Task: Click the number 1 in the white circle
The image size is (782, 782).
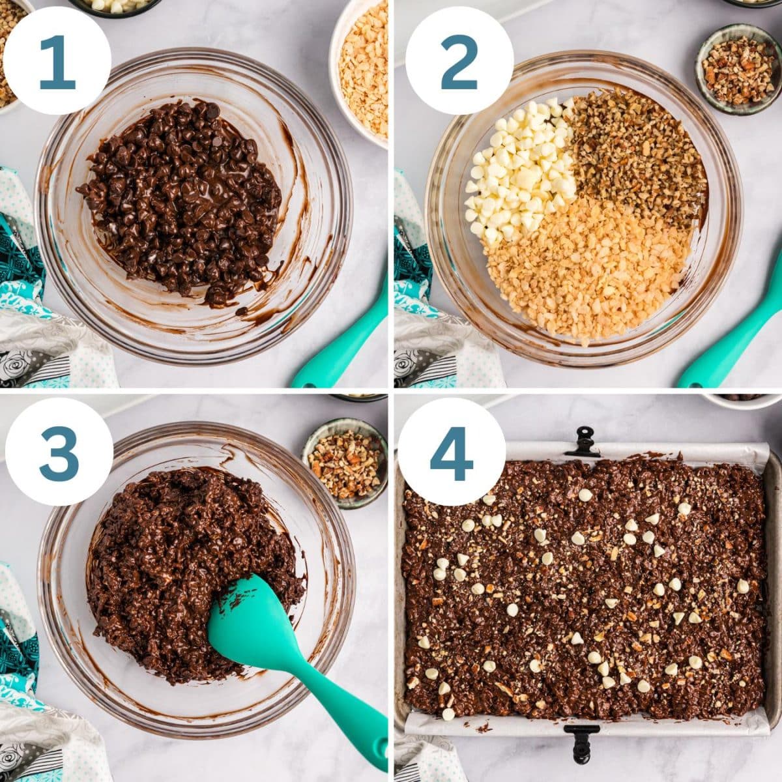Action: click(x=57, y=61)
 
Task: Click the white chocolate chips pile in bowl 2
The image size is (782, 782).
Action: click(x=518, y=169)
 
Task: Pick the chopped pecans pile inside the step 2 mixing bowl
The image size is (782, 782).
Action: click(x=635, y=153)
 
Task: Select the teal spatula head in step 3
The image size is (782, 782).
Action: click(x=251, y=626)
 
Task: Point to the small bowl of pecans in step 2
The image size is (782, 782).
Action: click(x=738, y=68)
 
